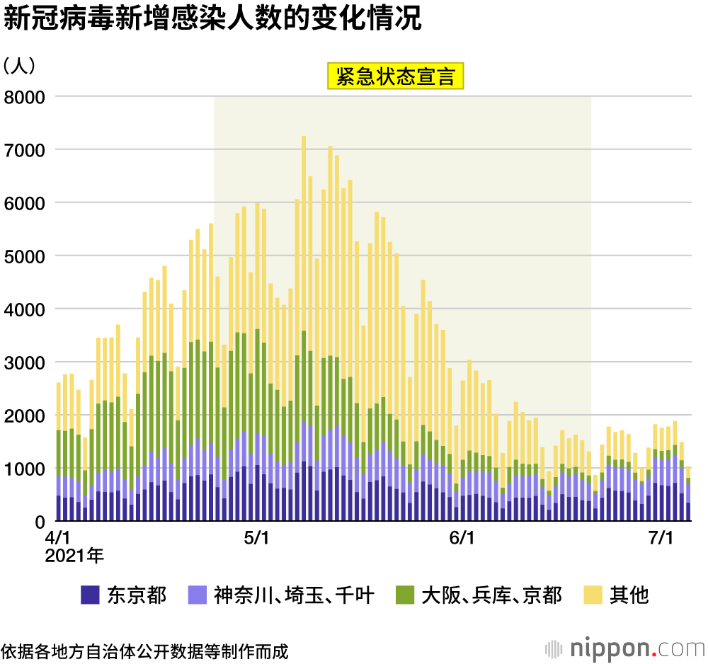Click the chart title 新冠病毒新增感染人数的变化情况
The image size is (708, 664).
[212, 19]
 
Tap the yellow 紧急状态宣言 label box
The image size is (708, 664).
[394, 76]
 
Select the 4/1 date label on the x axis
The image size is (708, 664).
[58, 539]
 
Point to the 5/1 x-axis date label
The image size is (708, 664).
[256, 539]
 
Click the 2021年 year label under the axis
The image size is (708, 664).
[74, 556]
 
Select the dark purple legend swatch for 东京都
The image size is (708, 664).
[90, 595]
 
